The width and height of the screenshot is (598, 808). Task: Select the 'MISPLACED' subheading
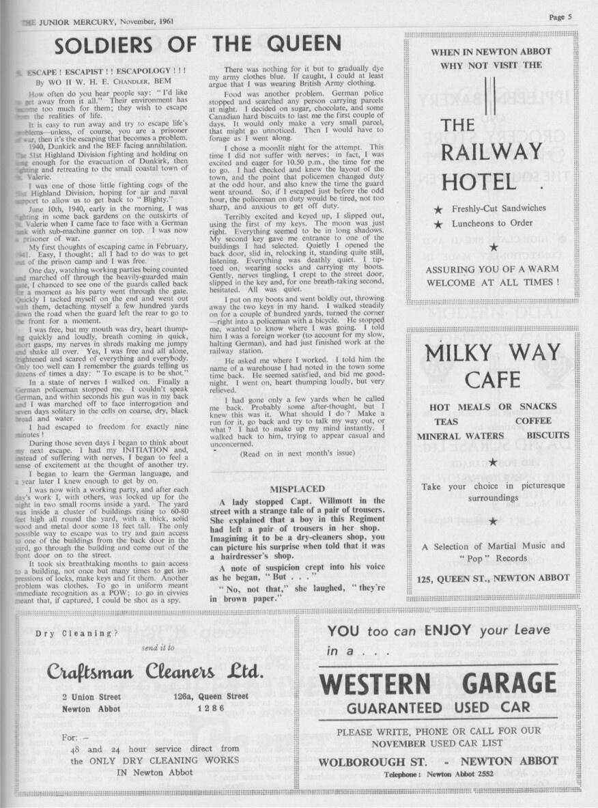[297, 489]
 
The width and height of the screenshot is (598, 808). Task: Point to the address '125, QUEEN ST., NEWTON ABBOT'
[493, 578]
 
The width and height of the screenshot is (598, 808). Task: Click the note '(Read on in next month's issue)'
[298, 453]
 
